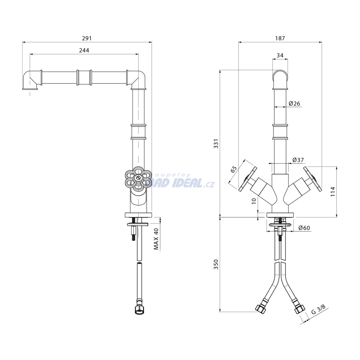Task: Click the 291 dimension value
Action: (87, 38)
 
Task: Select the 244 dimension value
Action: (84, 50)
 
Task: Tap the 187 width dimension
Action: (280, 38)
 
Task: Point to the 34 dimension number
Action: (280, 55)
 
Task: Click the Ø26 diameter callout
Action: (294, 104)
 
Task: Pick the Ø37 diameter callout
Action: (298, 160)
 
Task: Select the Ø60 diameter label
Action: (304, 228)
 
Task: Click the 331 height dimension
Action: (216, 144)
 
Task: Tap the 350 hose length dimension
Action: (216, 264)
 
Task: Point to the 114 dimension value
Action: (333, 192)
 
